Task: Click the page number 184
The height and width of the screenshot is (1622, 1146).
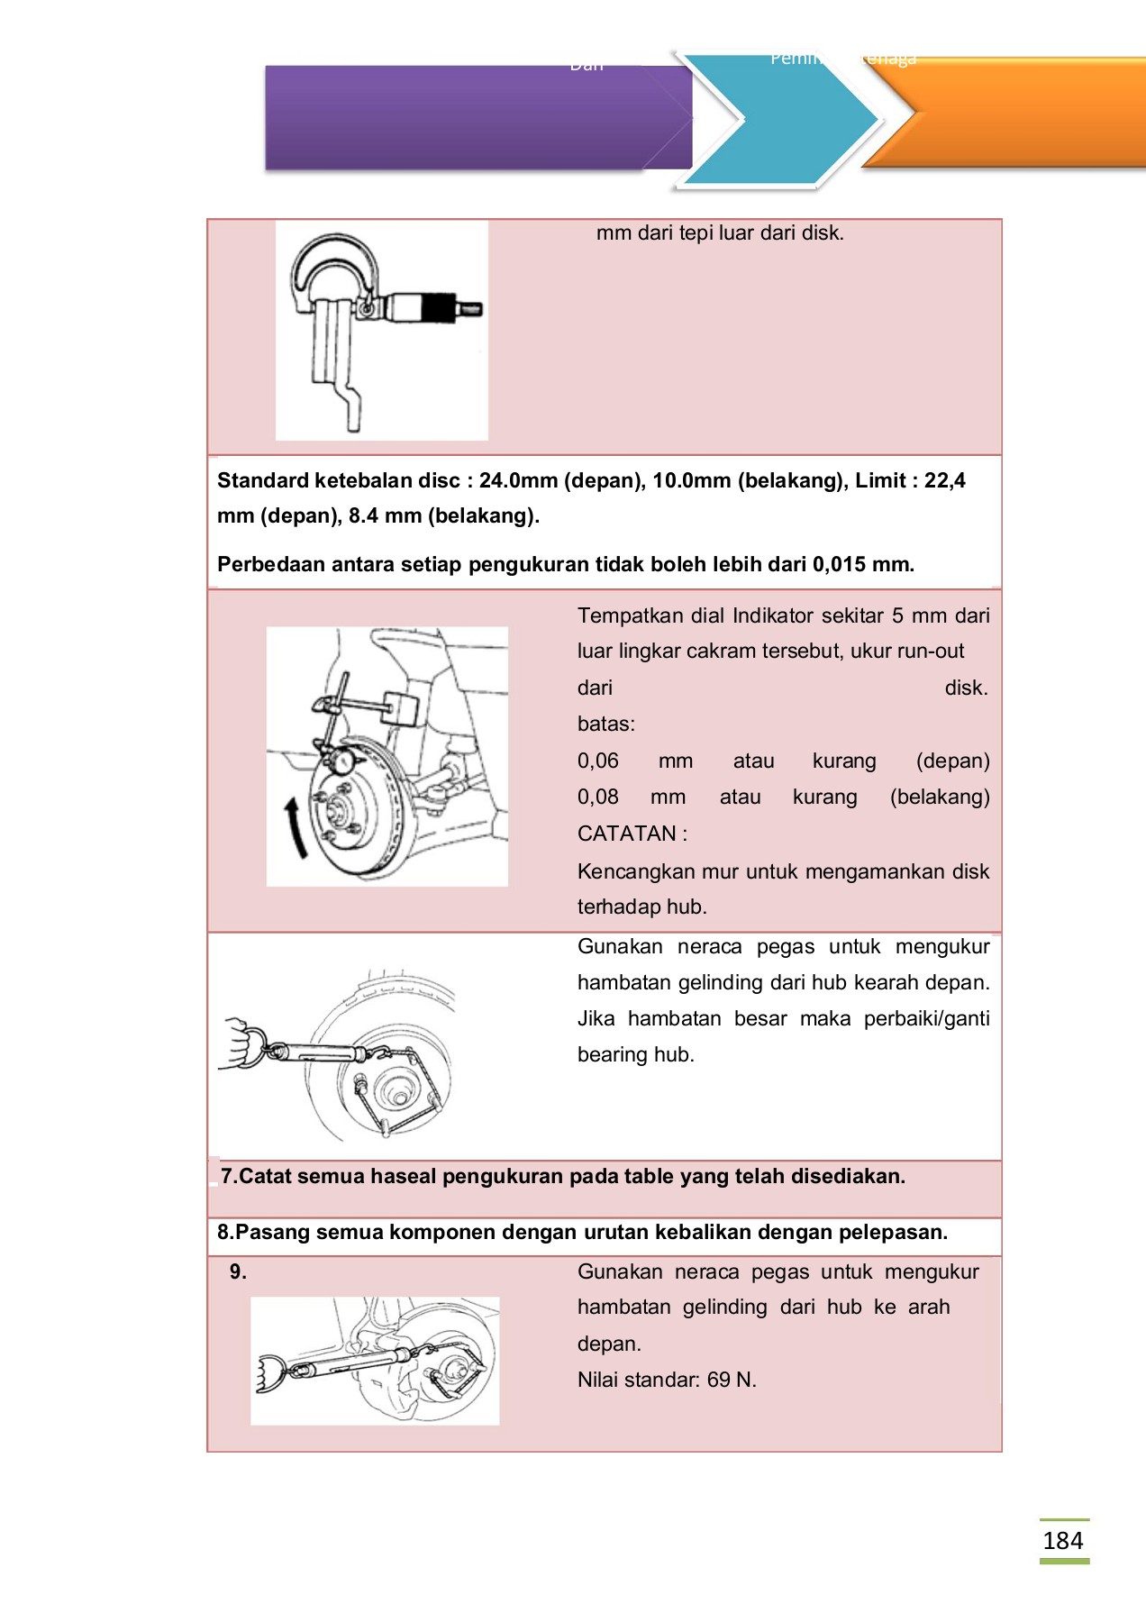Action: click(x=1063, y=1540)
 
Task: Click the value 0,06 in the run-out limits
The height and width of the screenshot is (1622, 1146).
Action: click(x=597, y=761)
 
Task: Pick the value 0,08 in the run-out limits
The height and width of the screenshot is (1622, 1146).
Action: click(x=597, y=797)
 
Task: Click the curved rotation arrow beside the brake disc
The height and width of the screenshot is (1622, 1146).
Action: click(x=296, y=827)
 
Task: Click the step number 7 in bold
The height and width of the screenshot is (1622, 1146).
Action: click(x=227, y=1177)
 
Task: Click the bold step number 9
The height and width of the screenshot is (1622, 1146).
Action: click(x=237, y=1271)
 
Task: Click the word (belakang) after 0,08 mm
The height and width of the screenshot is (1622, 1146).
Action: click(x=939, y=797)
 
